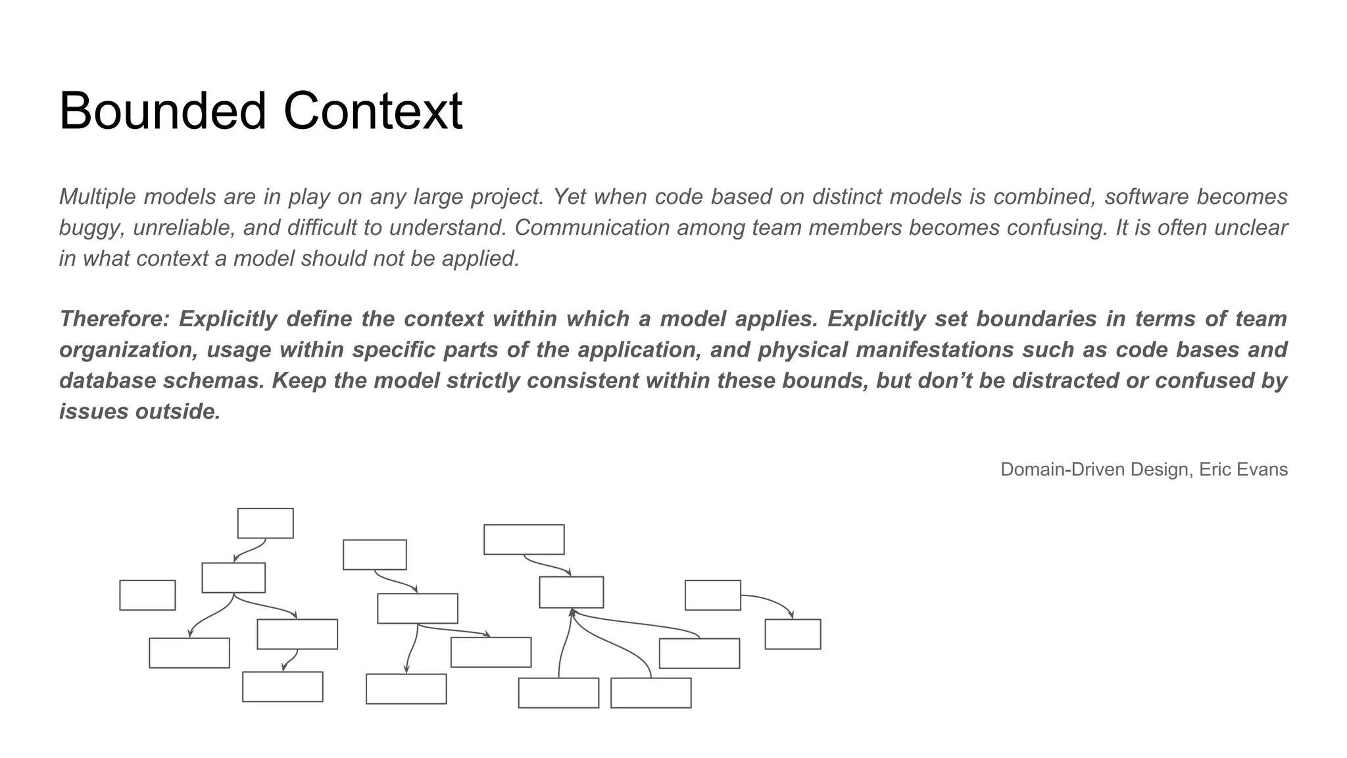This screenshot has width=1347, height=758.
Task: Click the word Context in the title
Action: pos(373,111)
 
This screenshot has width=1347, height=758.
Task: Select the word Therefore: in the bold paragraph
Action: pos(115,319)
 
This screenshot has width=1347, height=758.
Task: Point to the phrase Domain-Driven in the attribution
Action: pos(1061,469)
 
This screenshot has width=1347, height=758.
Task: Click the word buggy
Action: pos(91,228)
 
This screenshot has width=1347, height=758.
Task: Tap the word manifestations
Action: pos(935,350)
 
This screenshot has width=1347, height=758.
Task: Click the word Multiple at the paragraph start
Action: pos(98,197)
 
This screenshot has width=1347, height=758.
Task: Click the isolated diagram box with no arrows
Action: pos(147,595)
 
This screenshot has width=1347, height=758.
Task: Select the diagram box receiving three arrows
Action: pos(571,592)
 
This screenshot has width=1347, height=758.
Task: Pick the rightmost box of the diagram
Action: pos(793,634)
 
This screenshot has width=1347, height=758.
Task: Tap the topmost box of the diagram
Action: pos(265,523)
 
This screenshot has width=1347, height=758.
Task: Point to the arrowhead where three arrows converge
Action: pos(572,612)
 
